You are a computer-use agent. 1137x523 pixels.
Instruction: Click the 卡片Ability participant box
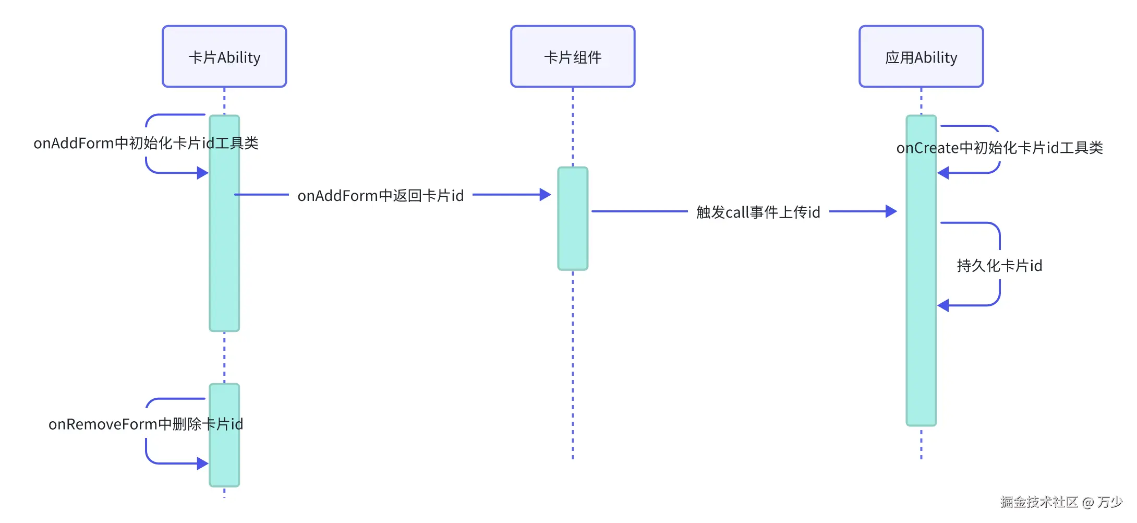click(x=224, y=56)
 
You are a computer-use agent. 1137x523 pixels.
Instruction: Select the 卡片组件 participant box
click(x=573, y=56)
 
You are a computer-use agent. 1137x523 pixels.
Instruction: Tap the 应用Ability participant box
click(x=921, y=56)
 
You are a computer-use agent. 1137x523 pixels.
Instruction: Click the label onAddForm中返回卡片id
click(x=380, y=196)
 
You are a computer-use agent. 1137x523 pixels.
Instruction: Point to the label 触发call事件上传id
click(x=758, y=212)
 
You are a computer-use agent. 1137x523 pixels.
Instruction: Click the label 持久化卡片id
click(x=999, y=266)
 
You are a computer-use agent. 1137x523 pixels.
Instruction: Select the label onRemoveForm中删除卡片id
click(x=146, y=424)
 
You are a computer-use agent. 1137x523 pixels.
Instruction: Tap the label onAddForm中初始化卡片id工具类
click(x=146, y=143)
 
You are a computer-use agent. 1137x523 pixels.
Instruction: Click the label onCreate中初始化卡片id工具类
click(x=999, y=148)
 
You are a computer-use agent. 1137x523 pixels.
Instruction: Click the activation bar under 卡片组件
click(x=573, y=218)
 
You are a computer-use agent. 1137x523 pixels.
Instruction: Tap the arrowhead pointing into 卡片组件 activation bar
click(x=545, y=195)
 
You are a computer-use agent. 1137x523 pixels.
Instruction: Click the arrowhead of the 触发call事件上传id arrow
click(x=891, y=211)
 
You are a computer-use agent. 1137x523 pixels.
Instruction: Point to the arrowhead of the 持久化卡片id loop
click(x=943, y=305)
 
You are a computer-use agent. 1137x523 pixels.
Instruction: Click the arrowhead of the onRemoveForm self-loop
click(x=202, y=463)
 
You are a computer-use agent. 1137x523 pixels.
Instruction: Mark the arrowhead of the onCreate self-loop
click(x=943, y=173)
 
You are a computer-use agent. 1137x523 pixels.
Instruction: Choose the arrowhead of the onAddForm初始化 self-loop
click(x=202, y=173)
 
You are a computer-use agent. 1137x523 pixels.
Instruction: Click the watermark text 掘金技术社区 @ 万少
click(x=1061, y=502)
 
